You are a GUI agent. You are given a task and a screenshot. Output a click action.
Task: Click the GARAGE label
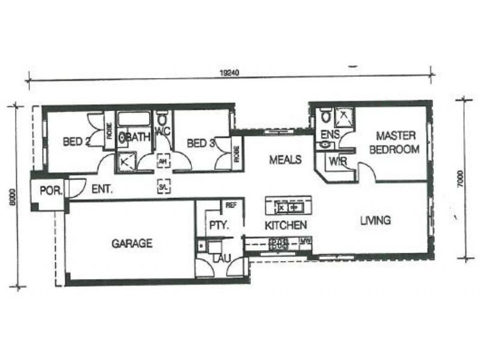(131, 244)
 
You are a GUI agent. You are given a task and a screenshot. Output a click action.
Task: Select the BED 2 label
(77, 142)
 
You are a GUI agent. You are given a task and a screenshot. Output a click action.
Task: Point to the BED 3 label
(200, 143)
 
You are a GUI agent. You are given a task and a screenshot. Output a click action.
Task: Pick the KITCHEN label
(286, 225)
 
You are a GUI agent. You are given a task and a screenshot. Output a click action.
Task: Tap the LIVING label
(375, 220)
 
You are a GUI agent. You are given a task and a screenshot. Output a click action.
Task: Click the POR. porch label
(48, 190)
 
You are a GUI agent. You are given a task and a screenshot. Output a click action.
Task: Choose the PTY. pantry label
(217, 226)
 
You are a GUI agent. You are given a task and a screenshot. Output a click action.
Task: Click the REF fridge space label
(231, 205)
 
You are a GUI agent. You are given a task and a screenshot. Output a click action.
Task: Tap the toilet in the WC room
(161, 116)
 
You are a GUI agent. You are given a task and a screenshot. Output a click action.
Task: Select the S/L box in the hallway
(163, 187)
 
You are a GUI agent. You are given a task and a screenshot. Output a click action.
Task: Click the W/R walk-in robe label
(335, 161)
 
